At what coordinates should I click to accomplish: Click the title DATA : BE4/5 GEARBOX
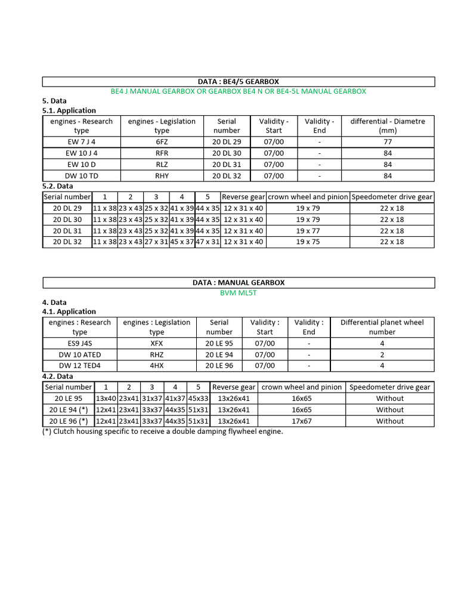[x=238, y=81]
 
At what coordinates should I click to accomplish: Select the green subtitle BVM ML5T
[x=238, y=292]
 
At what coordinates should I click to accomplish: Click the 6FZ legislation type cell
[x=162, y=141]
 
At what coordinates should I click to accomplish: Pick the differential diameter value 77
[x=388, y=141]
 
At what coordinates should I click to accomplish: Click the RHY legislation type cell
[x=162, y=175]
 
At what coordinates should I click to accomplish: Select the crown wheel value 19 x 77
[x=308, y=231]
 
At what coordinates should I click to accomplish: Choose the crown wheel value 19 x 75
[x=308, y=242]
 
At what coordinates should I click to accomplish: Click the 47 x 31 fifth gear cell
[x=208, y=242]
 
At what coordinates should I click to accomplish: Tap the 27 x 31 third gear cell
[x=156, y=242]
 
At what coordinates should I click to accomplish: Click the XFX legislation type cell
[x=156, y=343]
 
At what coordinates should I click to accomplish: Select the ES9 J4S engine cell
[x=80, y=343]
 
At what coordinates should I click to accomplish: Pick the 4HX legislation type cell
[x=156, y=365]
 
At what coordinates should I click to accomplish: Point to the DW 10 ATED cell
[x=80, y=354]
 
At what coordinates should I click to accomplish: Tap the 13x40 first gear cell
[x=106, y=399]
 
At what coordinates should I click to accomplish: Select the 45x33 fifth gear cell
[x=199, y=399]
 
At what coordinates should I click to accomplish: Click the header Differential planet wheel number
[x=382, y=327]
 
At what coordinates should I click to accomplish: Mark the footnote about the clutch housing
[x=162, y=431]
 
